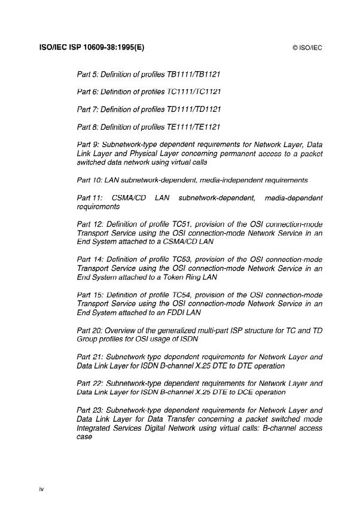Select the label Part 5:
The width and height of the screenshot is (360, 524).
90,75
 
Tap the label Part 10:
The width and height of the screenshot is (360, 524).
91,179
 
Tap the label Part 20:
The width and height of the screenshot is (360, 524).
91,330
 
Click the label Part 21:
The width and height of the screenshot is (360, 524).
91,356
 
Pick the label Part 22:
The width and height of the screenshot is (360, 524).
91,383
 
